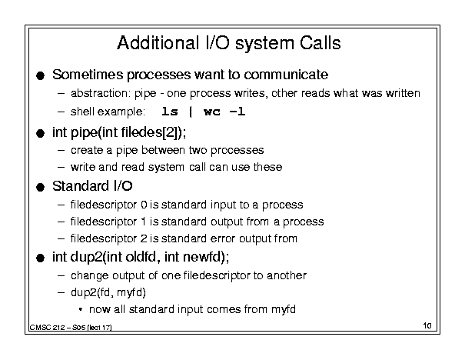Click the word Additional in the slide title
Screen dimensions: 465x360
tap(158, 43)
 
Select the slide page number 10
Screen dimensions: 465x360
tap(427, 325)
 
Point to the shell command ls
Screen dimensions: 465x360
tap(170, 112)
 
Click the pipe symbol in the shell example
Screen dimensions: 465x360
tap(191, 112)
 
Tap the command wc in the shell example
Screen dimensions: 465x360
tap(212, 112)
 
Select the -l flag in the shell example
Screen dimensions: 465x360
tap(237, 112)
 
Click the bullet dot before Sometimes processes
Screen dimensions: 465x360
tap(40, 75)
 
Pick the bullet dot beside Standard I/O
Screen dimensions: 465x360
tap(40, 187)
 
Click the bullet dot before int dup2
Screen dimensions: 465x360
tap(40, 258)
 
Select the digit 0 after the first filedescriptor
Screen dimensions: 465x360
tap(144, 205)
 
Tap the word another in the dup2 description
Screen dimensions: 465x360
tap(287, 275)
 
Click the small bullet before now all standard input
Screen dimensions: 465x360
tap(81, 309)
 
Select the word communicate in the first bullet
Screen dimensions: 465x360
tap(286, 75)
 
